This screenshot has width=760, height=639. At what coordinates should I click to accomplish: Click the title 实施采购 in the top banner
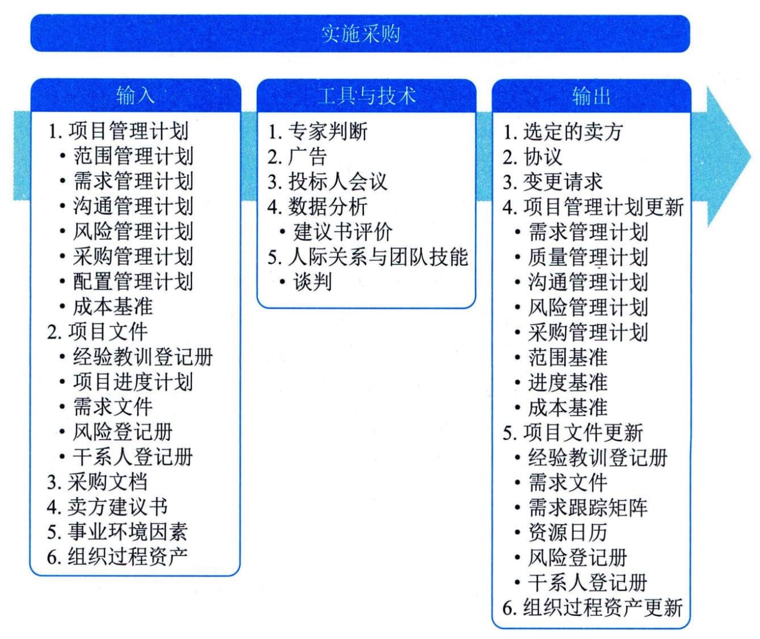pos(360,34)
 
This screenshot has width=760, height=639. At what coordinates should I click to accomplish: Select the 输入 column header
pos(135,96)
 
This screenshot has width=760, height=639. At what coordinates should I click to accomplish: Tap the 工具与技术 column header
pos(366,96)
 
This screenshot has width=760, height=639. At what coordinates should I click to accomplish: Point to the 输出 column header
pos(591,96)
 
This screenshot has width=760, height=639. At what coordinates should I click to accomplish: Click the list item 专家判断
pos(328,131)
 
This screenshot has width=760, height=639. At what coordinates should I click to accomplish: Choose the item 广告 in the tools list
pos(308,156)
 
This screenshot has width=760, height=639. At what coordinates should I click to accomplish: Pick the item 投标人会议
pos(338,181)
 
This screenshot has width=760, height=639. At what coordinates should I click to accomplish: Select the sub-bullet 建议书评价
pos(343,232)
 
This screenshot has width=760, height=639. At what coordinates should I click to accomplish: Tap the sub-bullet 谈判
pos(313,282)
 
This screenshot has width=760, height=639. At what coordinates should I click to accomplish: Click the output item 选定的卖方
pos(573,131)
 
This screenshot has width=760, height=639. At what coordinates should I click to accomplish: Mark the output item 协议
pos(543,156)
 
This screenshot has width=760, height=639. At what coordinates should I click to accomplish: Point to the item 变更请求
pos(563,181)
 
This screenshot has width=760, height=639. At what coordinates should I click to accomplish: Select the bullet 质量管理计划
pos(588,257)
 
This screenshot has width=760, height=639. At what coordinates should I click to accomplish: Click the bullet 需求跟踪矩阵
pos(588,508)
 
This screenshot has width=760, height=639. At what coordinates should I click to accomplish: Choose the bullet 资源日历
pos(568,532)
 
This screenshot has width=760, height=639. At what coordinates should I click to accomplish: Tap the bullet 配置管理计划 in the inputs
pos(133,281)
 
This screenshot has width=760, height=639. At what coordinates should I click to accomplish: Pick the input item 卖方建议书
pos(117,507)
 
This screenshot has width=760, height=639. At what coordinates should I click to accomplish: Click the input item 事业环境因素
pos(127,532)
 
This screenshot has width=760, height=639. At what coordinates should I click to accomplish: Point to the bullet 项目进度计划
pos(133,382)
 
